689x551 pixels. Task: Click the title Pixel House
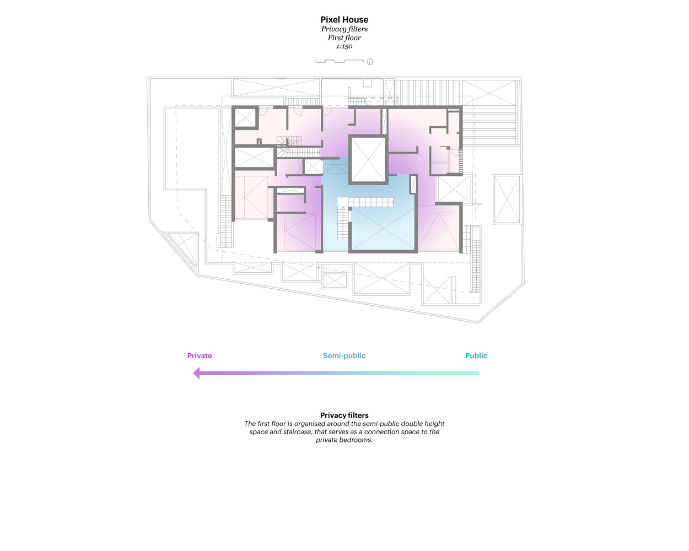tap(344, 20)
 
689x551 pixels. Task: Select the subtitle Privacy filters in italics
tap(344, 29)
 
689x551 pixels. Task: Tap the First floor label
tap(344, 38)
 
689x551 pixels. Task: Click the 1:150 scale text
tap(344, 47)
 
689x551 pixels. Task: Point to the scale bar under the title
tap(339, 61)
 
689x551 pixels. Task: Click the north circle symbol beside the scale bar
tap(370, 62)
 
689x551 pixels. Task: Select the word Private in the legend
tap(200, 356)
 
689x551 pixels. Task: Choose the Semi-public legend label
tap(344, 356)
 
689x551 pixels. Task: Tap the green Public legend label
tap(476, 356)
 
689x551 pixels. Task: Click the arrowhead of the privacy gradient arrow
tap(197, 374)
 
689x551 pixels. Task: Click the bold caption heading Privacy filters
tap(344, 415)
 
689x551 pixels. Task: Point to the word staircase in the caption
tap(297, 432)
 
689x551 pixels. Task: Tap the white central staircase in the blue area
tap(366, 202)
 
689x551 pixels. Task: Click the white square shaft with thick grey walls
tap(368, 159)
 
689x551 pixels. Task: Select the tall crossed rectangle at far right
tap(507, 199)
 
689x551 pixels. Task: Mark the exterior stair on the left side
tap(226, 221)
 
